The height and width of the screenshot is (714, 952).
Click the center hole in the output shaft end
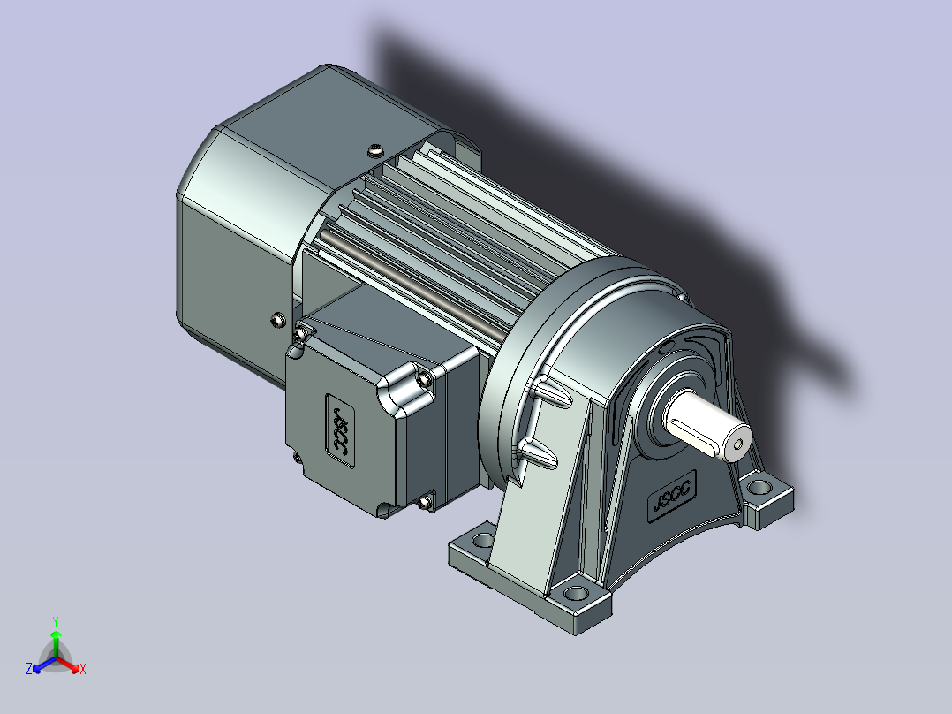[x=737, y=444]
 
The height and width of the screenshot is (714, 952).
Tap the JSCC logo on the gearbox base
[x=671, y=497]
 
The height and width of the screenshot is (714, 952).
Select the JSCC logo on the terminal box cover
[x=341, y=431]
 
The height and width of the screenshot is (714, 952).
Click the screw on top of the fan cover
[x=376, y=148]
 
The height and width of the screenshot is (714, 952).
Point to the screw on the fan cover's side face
[x=278, y=320]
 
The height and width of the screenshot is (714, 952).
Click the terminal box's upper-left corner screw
[x=300, y=333]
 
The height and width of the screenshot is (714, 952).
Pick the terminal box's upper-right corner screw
[x=425, y=380]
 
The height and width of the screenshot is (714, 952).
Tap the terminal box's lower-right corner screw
[x=425, y=501]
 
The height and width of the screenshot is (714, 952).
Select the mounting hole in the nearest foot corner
[x=575, y=593]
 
